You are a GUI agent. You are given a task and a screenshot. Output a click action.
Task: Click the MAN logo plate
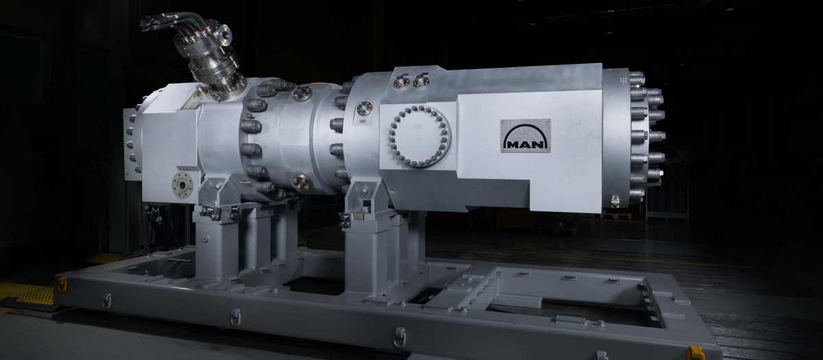click(x=525, y=136)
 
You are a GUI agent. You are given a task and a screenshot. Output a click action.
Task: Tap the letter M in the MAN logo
click(x=512, y=145)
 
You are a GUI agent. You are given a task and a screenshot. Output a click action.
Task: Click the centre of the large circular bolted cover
click(x=420, y=136)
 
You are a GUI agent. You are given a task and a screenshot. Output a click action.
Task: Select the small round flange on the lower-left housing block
click(x=182, y=185)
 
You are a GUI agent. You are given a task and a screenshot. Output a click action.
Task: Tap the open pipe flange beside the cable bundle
click(x=224, y=35)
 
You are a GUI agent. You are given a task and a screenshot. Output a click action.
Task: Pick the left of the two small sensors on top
click(x=401, y=82)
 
